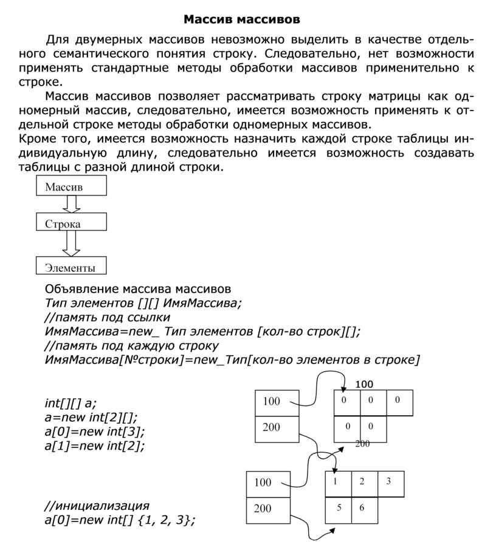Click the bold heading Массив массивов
coord(242,19)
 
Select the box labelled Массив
coord(72,186)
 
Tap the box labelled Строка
coord(72,223)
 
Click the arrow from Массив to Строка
coord(72,204)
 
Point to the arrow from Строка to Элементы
coord(72,245)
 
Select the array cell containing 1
coord(338,483)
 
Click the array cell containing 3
coord(390,483)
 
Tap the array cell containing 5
coord(338,508)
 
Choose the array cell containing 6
coord(363,508)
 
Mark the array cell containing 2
coord(363,483)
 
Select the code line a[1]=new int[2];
coord(95,446)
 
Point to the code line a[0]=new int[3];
coord(95,432)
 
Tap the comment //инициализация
coord(97,506)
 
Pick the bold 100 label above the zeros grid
coord(364,384)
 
